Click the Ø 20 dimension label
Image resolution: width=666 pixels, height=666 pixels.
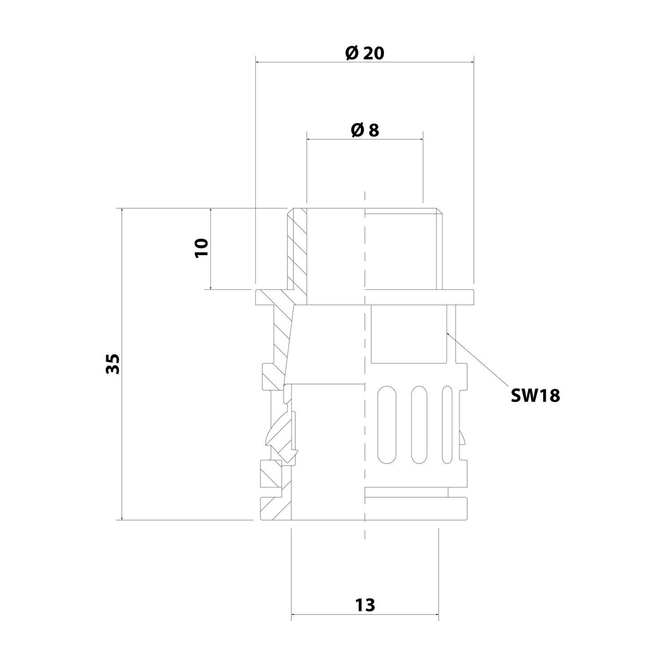(x=364, y=53)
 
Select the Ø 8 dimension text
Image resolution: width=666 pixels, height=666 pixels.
(x=365, y=130)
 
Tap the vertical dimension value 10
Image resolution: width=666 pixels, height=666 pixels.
(x=201, y=247)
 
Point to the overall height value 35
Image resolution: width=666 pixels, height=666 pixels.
(x=113, y=364)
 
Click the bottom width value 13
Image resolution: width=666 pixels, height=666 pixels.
(x=365, y=605)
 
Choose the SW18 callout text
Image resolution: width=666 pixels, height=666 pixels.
(x=535, y=395)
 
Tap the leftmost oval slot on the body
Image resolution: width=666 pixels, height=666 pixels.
(x=385, y=425)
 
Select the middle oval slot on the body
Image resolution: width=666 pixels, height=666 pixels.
(x=419, y=425)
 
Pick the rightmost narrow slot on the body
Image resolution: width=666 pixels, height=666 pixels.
(x=447, y=425)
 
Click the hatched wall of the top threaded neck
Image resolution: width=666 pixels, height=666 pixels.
(x=297, y=249)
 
